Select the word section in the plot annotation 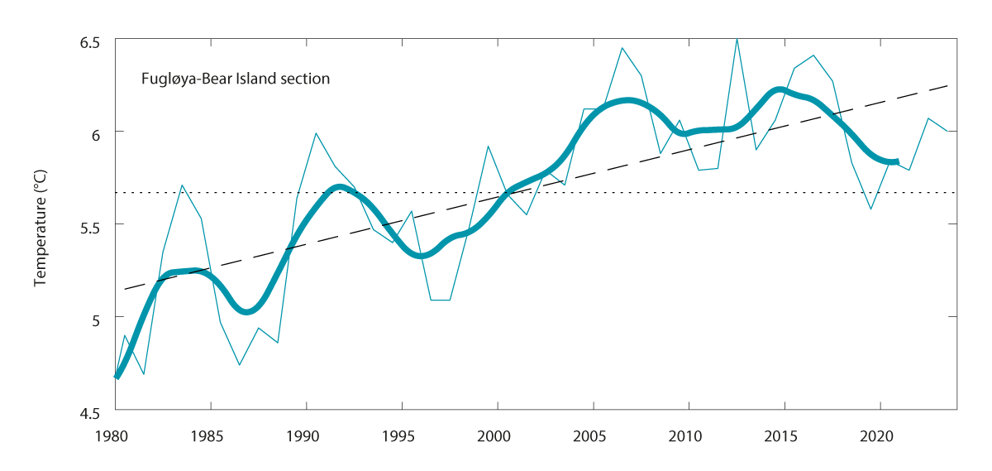(304, 79)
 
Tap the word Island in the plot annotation (256, 79)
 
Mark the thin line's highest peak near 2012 (737, 38)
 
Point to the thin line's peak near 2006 (622, 47)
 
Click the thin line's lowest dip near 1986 (240, 365)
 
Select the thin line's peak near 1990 (316, 132)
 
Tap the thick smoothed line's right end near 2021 (897, 161)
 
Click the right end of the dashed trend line (947, 85)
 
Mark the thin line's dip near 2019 (870, 209)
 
